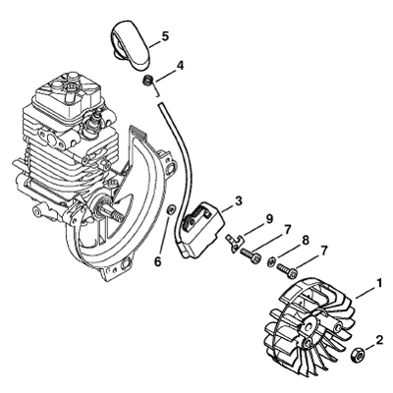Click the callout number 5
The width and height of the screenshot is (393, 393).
click(x=165, y=36)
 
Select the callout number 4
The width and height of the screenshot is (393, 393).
click(x=180, y=66)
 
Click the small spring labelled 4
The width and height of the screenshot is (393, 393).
click(x=149, y=81)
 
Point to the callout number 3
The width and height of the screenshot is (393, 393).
click(x=238, y=200)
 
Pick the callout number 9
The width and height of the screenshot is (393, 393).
click(x=269, y=219)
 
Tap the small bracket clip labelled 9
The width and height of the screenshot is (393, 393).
click(x=235, y=244)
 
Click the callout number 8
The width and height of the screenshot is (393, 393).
click(x=305, y=241)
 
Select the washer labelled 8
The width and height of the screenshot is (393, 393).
click(x=271, y=261)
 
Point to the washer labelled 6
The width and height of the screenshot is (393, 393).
click(x=171, y=210)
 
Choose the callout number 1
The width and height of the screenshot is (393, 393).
click(x=379, y=283)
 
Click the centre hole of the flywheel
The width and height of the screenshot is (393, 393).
click(x=309, y=328)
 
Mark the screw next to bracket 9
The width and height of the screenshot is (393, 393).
click(x=251, y=254)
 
